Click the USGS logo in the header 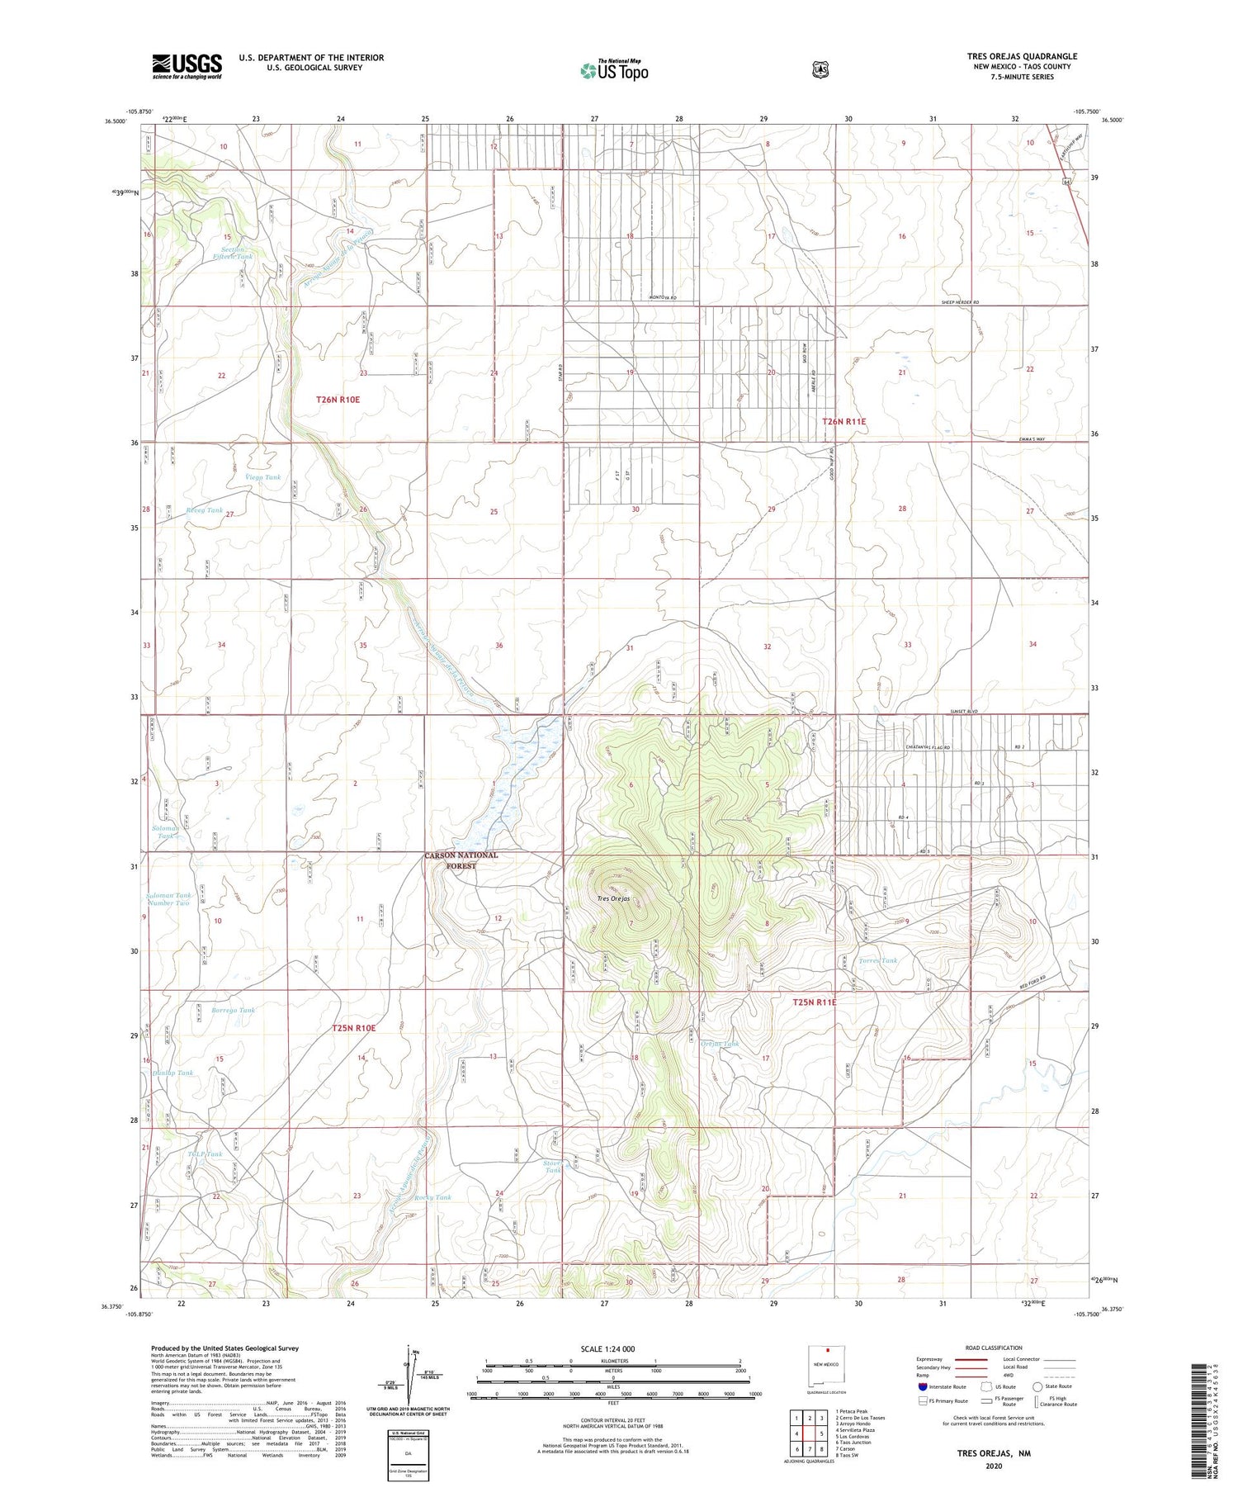pos(187,66)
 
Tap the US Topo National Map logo pos(614,70)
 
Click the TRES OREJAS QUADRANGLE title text pos(1022,56)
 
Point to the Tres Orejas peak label pos(613,898)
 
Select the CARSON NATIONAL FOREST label pos(461,860)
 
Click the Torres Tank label pos(878,961)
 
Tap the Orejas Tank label pos(720,1044)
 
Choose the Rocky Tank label pos(433,1197)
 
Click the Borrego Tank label pos(233,1011)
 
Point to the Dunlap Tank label pos(172,1073)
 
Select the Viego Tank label pos(262,477)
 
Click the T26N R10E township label pos(338,400)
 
